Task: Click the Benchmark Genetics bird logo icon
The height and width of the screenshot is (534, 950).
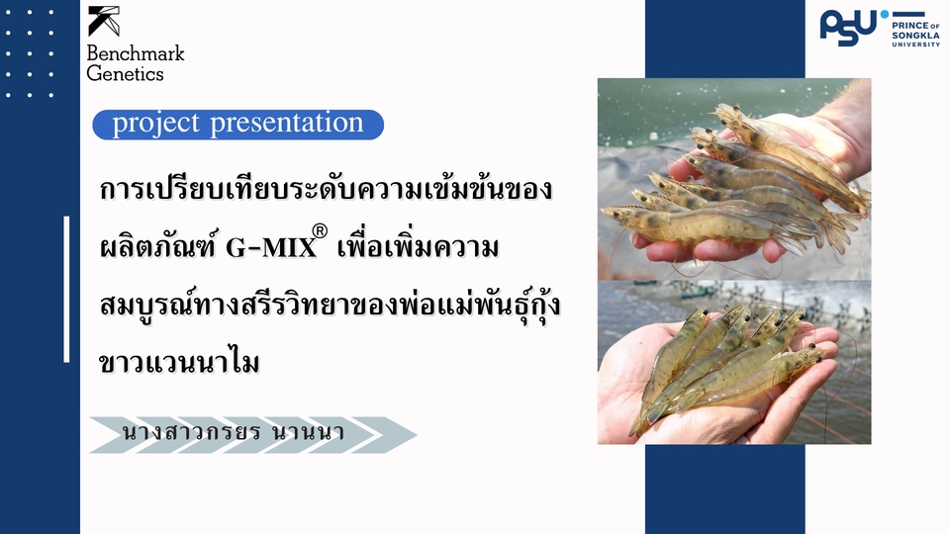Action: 103,21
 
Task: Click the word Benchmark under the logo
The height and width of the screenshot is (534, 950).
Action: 136,53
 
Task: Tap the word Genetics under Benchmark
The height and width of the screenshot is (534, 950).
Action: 125,73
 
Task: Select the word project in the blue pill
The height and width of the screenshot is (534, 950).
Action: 153,125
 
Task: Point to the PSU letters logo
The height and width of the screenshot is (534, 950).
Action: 847,27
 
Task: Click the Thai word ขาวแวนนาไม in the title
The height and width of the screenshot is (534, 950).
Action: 179,362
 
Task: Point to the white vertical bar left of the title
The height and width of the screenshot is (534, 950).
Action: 66,289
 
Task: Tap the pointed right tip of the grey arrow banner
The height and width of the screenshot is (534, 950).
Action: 415,435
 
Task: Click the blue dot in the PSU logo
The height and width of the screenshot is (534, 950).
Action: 884,14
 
